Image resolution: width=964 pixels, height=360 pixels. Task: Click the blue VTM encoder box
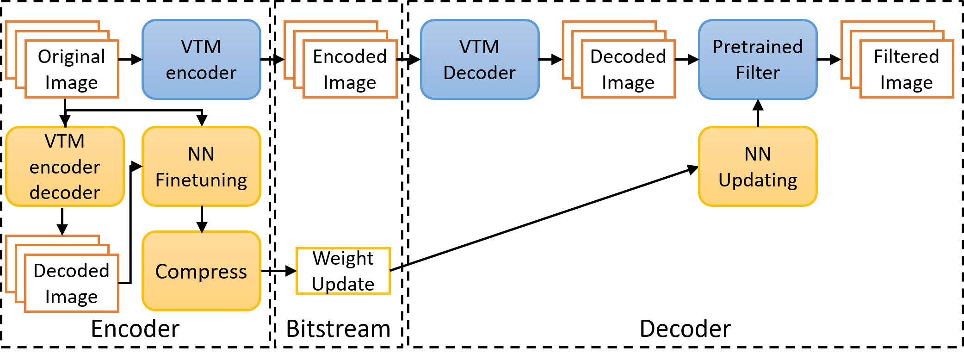[x=201, y=60]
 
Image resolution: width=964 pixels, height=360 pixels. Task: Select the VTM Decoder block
[x=480, y=60]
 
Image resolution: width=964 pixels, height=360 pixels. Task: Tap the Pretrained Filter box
[x=758, y=60]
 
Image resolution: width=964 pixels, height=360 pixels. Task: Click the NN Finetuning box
[x=201, y=167]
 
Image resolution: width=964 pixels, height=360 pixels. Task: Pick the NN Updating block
[x=758, y=167]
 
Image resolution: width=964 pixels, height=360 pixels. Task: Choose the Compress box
[x=201, y=271]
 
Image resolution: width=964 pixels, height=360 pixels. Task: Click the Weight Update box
[x=343, y=271]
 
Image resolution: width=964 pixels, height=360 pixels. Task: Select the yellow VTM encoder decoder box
[x=65, y=167]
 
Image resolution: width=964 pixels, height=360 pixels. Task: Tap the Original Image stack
[x=62, y=60]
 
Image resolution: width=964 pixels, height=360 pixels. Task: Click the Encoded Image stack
[x=341, y=60]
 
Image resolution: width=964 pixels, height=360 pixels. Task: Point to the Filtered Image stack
[x=897, y=60]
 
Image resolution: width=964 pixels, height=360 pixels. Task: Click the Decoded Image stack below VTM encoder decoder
[x=62, y=274]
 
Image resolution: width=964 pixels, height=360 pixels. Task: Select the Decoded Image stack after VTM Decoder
[x=619, y=60]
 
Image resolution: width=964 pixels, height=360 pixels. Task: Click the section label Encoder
[x=135, y=329]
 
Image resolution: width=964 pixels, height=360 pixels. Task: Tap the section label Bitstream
[x=339, y=329]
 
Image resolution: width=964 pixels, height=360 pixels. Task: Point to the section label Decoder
[x=685, y=329]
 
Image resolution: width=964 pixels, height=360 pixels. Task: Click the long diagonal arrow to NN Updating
[x=544, y=218]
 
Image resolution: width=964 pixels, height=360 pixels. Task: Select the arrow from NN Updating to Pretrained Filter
[x=758, y=113]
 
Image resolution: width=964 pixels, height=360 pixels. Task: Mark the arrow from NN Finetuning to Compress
[x=202, y=219]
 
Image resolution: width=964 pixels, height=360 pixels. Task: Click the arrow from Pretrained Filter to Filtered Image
[x=829, y=60]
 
